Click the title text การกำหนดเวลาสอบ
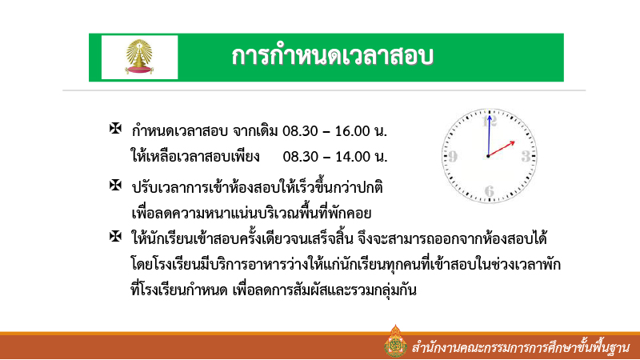click(332, 57)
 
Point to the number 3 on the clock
click(525, 155)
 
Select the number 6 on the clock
click(489, 190)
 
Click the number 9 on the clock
click(453, 156)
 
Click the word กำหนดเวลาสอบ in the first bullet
click(181, 130)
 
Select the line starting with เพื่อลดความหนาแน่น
click(252, 213)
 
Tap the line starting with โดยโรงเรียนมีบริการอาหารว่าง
click(344, 264)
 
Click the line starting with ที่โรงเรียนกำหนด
click(274, 290)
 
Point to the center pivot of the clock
click(487, 156)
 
